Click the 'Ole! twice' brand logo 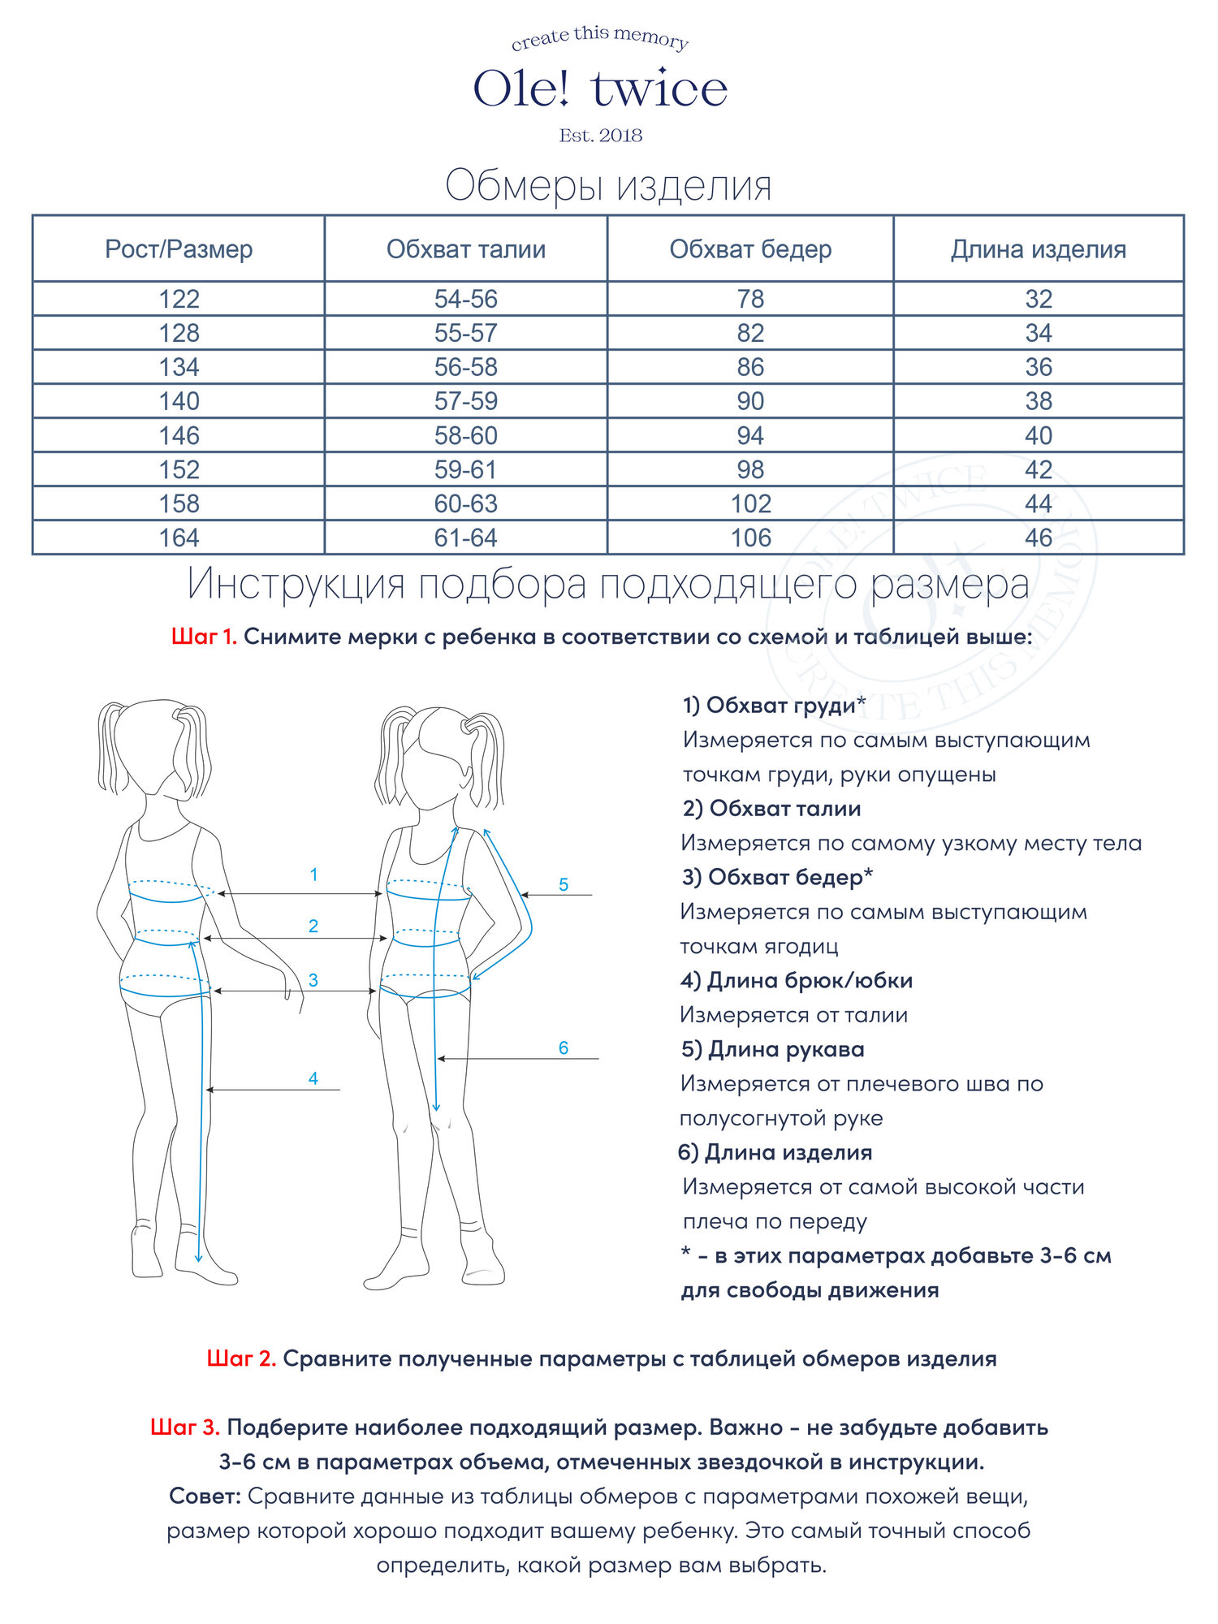click(600, 88)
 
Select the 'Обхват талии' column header click(465, 249)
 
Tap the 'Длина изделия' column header click(1038, 249)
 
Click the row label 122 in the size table click(179, 299)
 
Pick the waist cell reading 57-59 click(465, 401)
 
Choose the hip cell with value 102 click(750, 504)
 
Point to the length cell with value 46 click(1038, 538)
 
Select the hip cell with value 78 click(750, 299)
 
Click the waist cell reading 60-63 click(465, 504)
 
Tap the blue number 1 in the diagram click(313, 875)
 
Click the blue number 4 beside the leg click(313, 1078)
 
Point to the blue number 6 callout click(564, 1047)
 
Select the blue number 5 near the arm click(564, 884)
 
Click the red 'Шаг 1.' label click(204, 637)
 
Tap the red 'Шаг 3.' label click(185, 1427)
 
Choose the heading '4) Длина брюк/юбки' click(797, 980)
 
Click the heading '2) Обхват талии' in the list click(771, 808)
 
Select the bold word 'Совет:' click(205, 1496)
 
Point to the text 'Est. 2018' click(600, 136)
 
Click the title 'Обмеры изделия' click(608, 185)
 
